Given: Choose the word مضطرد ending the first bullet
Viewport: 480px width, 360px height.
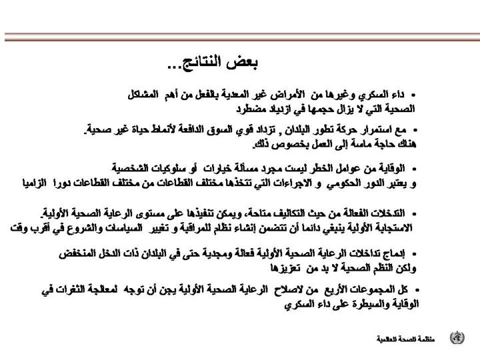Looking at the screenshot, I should click(253, 107).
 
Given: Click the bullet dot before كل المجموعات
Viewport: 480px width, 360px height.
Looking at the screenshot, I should click(418, 291).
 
